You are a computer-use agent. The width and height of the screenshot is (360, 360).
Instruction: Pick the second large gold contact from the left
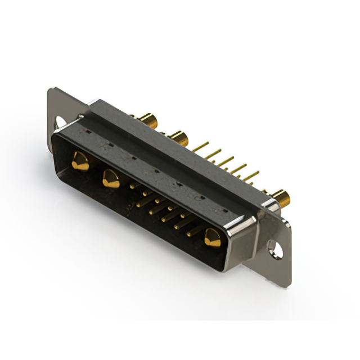[x=110, y=179]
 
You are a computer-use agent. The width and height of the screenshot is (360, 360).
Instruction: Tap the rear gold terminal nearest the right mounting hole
[x=281, y=198]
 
